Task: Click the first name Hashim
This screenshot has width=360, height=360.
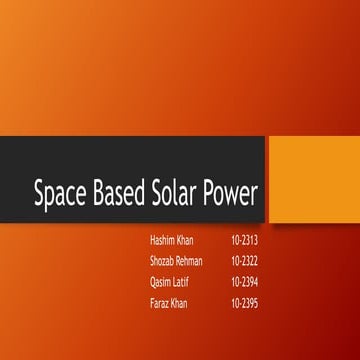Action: pyautogui.click(x=162, y=241)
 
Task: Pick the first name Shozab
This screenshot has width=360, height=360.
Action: pyautogui.click(x=163, y=261)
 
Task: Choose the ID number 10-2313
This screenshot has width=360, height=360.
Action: pyautogui.click(x=244, y=241)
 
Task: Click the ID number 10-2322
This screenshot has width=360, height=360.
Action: pyautogui.click(x=244, y=261)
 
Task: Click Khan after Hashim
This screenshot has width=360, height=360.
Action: pyautogui.click(x=189, y=241)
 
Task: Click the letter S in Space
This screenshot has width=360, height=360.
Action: pyautogui.click(x=41, y=192)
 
